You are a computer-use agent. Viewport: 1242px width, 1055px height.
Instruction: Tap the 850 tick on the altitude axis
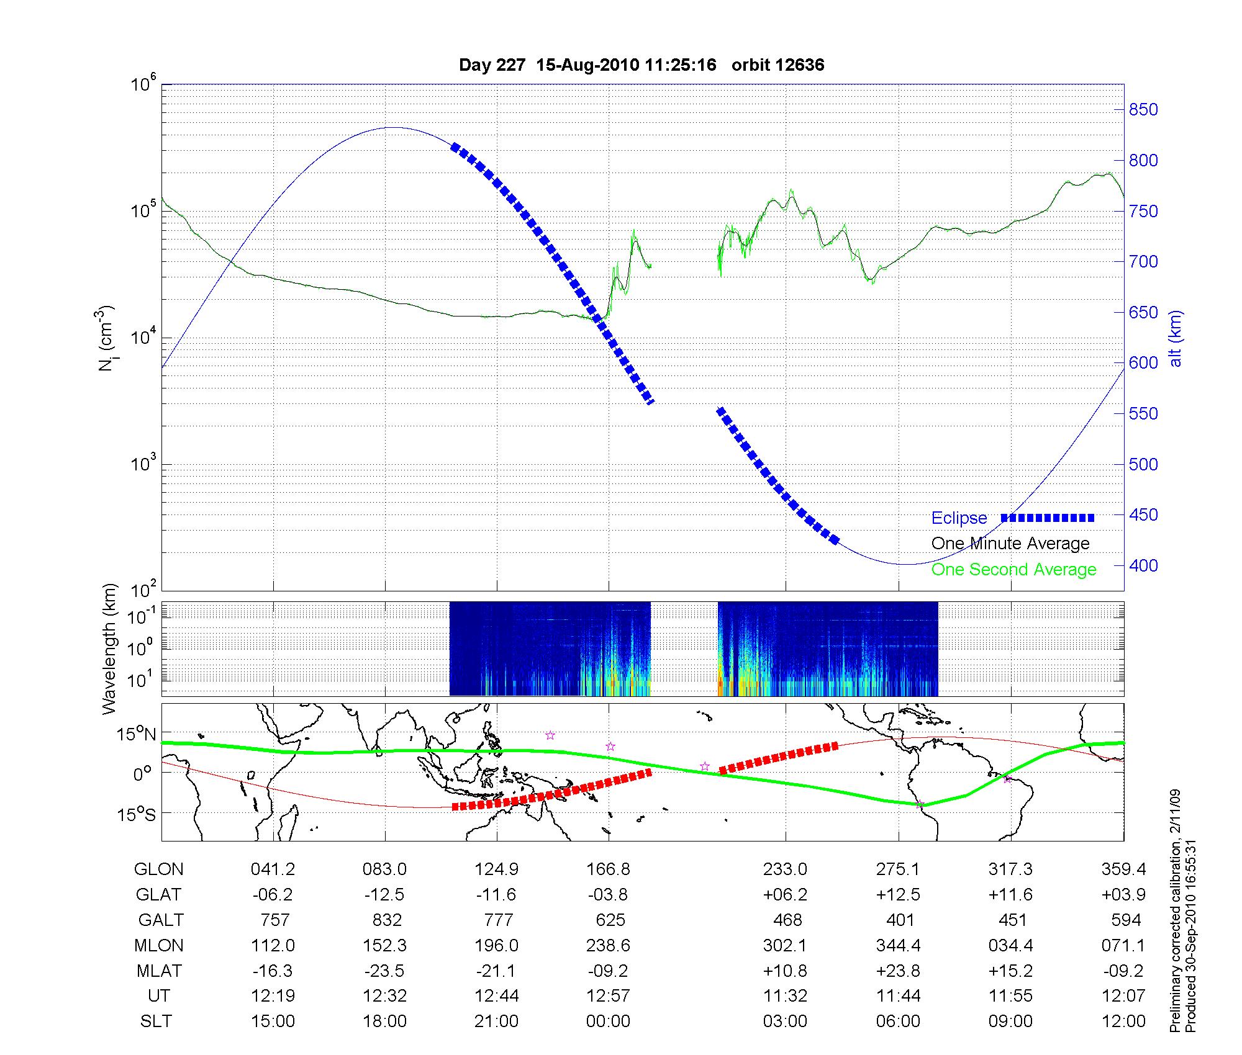[x=1143, y=110]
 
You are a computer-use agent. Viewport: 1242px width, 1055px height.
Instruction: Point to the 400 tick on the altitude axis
[x=1143, y=565]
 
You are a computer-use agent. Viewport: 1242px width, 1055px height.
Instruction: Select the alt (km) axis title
[x=1176, y=338]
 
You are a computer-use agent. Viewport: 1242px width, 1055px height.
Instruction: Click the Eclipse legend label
[x=959, y=518]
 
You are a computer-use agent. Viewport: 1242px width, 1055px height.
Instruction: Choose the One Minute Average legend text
[x=1010, y=544]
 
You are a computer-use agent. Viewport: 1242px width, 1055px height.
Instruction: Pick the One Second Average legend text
[x=1013, y=570]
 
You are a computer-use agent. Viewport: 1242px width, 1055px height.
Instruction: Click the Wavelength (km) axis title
[x=109, y=649]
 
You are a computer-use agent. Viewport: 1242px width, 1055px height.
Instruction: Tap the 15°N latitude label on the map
[x=136, y=734]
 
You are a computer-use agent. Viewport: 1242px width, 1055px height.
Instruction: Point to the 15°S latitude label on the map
[x=136, y=814]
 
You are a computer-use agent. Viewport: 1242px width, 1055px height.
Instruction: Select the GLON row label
[x=159, y=869]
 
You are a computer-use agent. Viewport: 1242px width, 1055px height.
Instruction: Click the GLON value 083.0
[x=385, y=869]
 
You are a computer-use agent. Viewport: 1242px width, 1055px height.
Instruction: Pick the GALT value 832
[x=387, y=920]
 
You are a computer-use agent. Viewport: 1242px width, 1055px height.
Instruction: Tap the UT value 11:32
[x=786, y=996]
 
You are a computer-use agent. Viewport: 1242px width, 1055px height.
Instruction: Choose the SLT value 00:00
[x=609, y=1021]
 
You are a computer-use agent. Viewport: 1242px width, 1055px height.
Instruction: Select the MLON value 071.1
[x=1123, y=945]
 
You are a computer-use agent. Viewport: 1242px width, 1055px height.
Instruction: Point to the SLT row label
[x=156, y=1021]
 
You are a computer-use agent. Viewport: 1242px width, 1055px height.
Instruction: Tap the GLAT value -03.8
[x=609, y=895]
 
